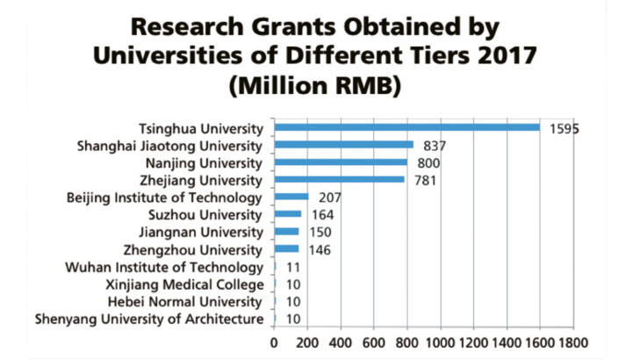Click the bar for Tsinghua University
pyautogui.click(x=406, y=127)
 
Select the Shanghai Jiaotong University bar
pyautogui.click(x=343, y=145)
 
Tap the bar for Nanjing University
pyautogui.click(x=341, y=162)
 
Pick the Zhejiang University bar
pyautogui.click(x=339, y=180)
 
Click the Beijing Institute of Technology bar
pyautogui.click(x=291, y=198)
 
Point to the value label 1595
pyautogui.click(x=565, y=129)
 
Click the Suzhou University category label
pyautogui.click(x=212, y=215)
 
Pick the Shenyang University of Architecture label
pyautogui.click(x=148, y=320)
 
